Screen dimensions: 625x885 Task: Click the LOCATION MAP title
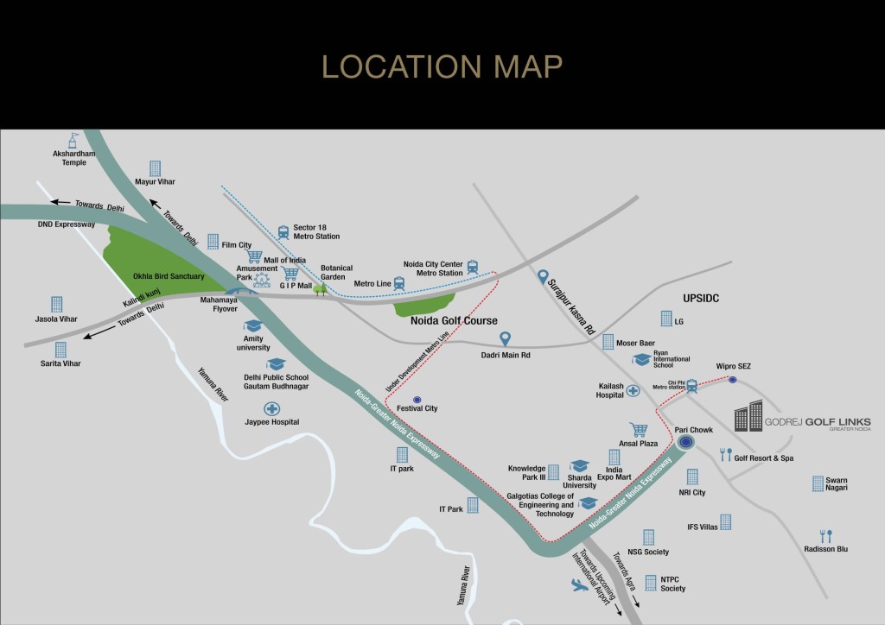coord(442,66)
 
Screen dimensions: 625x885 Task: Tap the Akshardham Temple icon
coord(74,140)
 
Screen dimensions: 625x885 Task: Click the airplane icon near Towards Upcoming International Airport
coord(579,586)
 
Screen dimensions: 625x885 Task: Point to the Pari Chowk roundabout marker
coord(685,443)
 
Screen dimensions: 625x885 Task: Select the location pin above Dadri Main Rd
coord(506,338)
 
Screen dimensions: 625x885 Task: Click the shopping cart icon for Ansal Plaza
coord(639,429)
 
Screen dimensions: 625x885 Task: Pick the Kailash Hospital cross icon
coord(634,390)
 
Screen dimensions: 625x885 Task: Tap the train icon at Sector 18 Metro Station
coord(283,231)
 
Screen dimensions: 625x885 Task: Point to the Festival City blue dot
coord(417,399)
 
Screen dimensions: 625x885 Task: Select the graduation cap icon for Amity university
coord(252,325)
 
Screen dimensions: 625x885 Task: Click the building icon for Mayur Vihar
coord(155,168)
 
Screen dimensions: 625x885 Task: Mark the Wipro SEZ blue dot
coord(733,380)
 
